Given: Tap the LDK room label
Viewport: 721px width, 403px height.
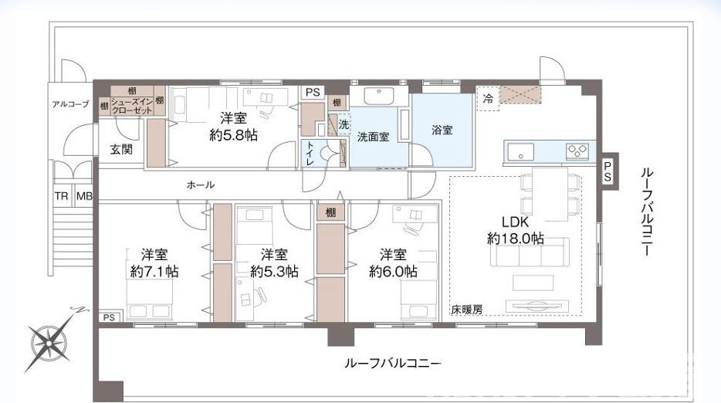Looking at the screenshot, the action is tap(515, 222).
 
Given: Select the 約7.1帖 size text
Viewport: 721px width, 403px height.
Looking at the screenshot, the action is tap(154, 272).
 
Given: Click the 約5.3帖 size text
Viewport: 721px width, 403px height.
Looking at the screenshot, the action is tap(274, 272).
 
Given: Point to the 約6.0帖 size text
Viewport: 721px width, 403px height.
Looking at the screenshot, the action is tap(393, 272).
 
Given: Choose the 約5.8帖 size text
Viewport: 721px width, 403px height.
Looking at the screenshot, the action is tap(234, 135).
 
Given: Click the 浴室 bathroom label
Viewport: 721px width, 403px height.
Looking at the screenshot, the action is tap(442, 130).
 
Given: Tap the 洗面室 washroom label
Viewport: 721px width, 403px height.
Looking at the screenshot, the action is tap(374, 137).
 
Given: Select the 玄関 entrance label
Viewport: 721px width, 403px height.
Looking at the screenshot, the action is tap(121, 149).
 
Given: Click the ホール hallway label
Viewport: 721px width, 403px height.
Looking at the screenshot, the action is tap(201, 185).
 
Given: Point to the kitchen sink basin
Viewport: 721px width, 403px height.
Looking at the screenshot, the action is tap(520, 151).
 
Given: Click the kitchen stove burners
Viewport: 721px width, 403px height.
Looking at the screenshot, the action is tap(577, 151).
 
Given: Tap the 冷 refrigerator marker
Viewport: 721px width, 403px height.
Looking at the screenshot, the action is tap(489, 98).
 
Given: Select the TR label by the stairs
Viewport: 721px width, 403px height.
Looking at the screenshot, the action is tap(61, 196).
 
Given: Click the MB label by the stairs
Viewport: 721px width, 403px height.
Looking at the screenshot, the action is tap(84, 196).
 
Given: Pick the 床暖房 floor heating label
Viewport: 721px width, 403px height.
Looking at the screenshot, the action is tap(467, 310).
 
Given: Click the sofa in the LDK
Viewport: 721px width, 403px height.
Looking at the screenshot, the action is tap(530, 252).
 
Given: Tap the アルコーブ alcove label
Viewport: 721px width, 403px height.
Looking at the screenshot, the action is tap(70, 104).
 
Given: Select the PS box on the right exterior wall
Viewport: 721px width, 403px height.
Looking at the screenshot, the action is tap(608, 171).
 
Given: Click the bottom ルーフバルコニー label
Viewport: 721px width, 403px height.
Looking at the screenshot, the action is tap(393, 364).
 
